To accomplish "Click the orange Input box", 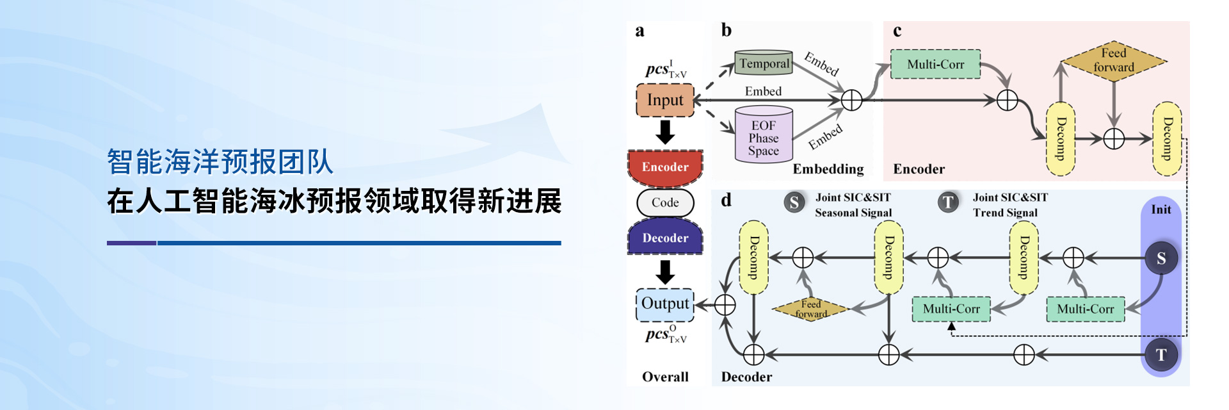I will (665, 100).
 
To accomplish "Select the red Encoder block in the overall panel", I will (665, 166).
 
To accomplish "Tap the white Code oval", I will (665, 202).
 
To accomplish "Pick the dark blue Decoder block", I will (665, 238).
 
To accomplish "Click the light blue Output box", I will (665, 304).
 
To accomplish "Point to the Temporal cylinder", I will (764, 63).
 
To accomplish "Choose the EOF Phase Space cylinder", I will (764, 136).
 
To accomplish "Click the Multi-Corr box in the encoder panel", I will (935, 64).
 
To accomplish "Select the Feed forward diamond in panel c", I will (1114, 61).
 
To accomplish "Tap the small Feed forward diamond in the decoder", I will (810, 309).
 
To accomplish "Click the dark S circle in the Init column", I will (1161, 258).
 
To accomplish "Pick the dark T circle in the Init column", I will (1161, 354).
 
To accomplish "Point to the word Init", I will (1161, 209).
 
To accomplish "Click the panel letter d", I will (726, 200).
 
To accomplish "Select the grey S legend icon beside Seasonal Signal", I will (794, 202).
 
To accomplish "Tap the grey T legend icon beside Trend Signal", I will (948, 202).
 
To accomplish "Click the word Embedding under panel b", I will (828, 169).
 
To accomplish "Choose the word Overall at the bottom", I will (665, 377).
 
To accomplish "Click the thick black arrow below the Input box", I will (665, 132).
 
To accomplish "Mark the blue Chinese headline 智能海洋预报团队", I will (220, 161).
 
